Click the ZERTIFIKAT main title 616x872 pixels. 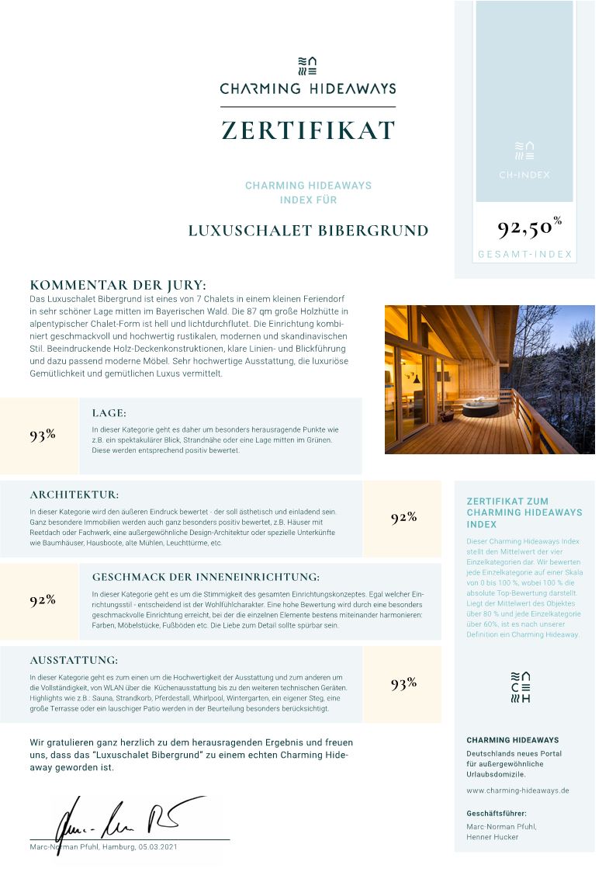tap(308, 130)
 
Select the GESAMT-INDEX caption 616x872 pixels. tap(524, 254)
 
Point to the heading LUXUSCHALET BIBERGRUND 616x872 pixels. tap(308, 231)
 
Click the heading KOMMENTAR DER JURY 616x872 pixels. tap(118, 285)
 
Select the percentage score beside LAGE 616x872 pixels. tap(43, 435)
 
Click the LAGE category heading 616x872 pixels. tap(109, 413)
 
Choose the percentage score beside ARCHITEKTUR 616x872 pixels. tap(403, 518)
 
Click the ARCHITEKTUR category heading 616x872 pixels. tap(74, 495)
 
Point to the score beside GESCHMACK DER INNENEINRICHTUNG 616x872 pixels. tap(43, 599)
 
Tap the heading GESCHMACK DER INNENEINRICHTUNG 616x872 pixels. tap(206, 577)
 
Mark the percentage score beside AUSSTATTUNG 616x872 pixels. tap(403, 683)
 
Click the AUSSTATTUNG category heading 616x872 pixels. tap(74, 660)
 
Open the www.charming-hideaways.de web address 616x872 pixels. tap(517, 790)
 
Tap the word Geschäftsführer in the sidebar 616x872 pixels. tap(497, 813)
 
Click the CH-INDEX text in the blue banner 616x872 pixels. tap(524, 175)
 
